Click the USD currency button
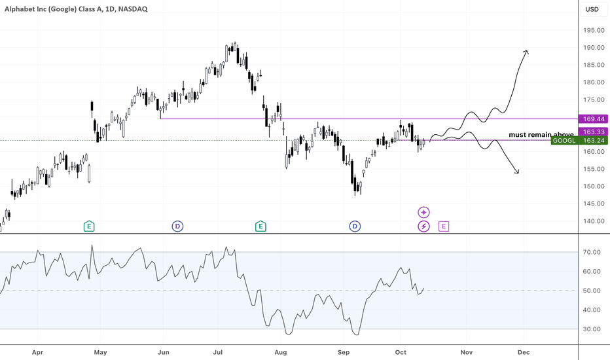tap(592, 9)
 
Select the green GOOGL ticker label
tap(564, 141)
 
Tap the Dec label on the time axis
tap(523, 351)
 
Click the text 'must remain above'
tap(541, 135)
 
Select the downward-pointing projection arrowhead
tap(517, 172)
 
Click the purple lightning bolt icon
tap(424, 226)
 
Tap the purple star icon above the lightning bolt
tap(424, 212)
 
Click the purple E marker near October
tap(444, 226)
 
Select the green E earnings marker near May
tap(89, 226)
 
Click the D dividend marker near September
tap(355, 226)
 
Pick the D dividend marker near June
tap(177, 226)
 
